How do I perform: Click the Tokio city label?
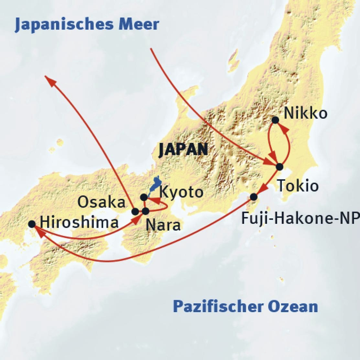coord(298,186)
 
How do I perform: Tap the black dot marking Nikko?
coord(275,120)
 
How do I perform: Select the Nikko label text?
coord(305,114)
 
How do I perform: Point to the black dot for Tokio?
coord(279,167)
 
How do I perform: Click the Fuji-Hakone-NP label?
coord(300,218)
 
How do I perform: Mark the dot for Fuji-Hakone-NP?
coord(254,197)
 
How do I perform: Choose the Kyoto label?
coord(181,192)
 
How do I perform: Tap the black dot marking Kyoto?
coord(144,197)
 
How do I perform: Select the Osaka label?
coord(102,202)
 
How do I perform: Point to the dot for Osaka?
coord(136,212)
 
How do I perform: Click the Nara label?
coord(163,225)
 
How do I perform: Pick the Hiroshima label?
coord(79,223)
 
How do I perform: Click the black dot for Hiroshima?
coord(32,224)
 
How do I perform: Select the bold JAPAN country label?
coord(183,150)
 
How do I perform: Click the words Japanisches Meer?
coord(87,25)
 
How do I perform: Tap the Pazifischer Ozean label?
coord(245,306)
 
